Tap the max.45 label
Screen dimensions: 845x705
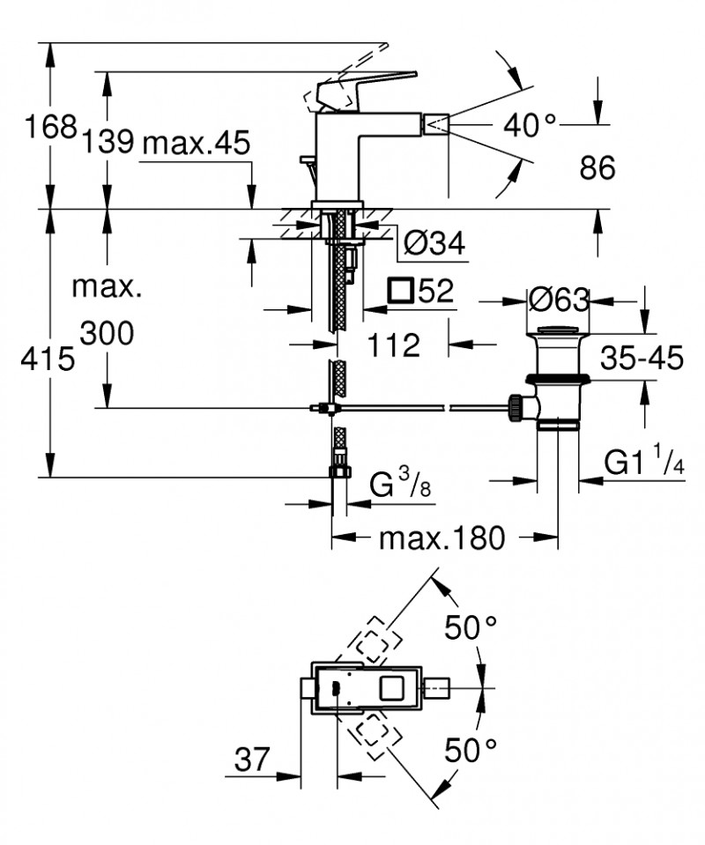(x=195, y=141)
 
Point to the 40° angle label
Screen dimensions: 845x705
(x=531, y=126)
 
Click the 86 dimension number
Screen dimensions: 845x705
(x=597, y=167)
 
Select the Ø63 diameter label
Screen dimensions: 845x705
(x=559, y=300)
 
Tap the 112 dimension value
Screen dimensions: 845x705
(x=394, y=345)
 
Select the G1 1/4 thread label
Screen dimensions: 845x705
(x=644, y=462)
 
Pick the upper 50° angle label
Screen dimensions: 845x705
(x=470, y=629)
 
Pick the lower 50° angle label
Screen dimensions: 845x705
(x=470, y=751)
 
